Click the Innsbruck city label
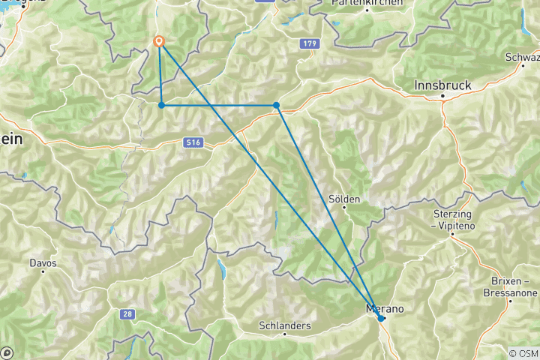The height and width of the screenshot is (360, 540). click(442, 85)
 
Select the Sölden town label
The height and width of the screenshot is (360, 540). click(345, 199)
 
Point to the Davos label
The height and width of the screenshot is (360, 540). click(43, 263)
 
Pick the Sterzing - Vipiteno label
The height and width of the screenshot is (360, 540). click(453, 220)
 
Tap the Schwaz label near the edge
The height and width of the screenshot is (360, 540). click(523, 58)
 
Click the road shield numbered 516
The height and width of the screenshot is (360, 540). click(193, 142)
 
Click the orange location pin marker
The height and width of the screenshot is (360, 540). click(159, 43)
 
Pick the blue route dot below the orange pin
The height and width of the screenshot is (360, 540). click(161, 105)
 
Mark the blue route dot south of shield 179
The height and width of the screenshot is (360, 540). click(277, 105)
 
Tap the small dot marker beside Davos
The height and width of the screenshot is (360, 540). click(43, 271)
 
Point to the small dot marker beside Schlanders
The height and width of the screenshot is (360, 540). click(285, 334)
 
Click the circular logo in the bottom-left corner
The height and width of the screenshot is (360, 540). click(7, 352)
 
